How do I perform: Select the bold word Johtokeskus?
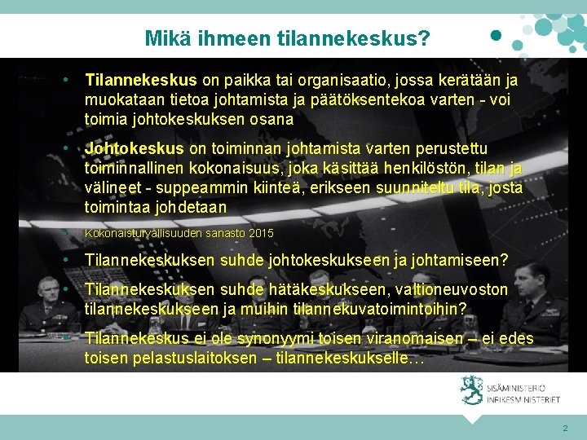[135, 149]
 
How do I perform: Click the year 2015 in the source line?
[261, 234]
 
